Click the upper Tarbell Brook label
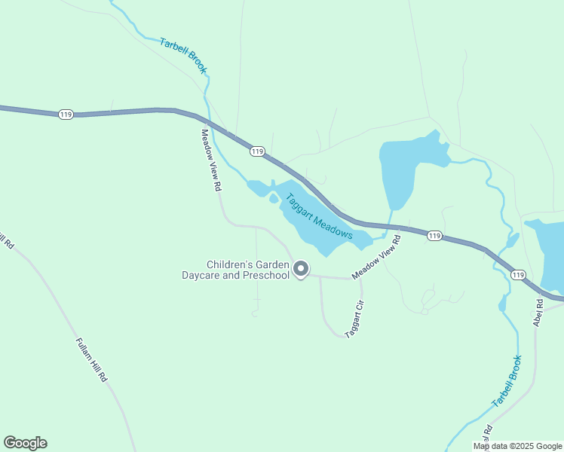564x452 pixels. click(184, 55)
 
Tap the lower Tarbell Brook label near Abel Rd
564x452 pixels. click(507, 381)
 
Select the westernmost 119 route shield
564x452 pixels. click(66, 114)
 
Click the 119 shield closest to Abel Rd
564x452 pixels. click(517, 275)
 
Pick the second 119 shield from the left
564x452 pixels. click(258, 151)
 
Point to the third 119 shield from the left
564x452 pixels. click(434, 236)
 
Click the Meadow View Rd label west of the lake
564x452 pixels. click(210, 159)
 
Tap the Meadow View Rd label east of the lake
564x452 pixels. click(375, 257)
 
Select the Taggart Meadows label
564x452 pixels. click(319, 217)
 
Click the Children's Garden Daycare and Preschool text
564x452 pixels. click(235, 270)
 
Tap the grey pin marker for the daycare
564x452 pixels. click(301, 269)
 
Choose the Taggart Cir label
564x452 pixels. click(354, 319)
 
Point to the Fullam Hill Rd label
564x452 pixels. click(92, 359)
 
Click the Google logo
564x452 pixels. click(25, 443)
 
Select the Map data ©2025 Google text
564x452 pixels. click(517, 446)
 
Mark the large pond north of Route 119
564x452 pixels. click(403, 169)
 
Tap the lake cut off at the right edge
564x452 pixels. click(548, 252)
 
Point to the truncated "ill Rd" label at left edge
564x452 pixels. click(7, 241)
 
